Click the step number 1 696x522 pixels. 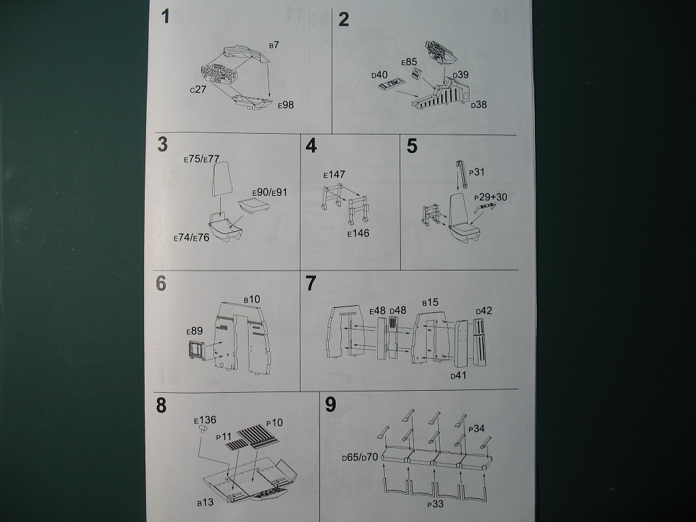165,18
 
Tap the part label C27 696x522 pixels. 198,90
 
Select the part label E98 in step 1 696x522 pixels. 285,105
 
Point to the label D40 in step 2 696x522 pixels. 379,75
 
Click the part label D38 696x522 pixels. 479,105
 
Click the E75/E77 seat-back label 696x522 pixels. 201,159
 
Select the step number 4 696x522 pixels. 311,146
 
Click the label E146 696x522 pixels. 358,234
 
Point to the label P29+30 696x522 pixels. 491,196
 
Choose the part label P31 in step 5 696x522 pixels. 476,173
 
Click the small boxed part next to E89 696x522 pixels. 196,349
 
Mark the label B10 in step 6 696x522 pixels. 251,299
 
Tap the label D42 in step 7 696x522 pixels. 484,311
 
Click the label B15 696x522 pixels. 430,302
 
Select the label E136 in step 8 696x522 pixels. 205,420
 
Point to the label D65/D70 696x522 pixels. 360,459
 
